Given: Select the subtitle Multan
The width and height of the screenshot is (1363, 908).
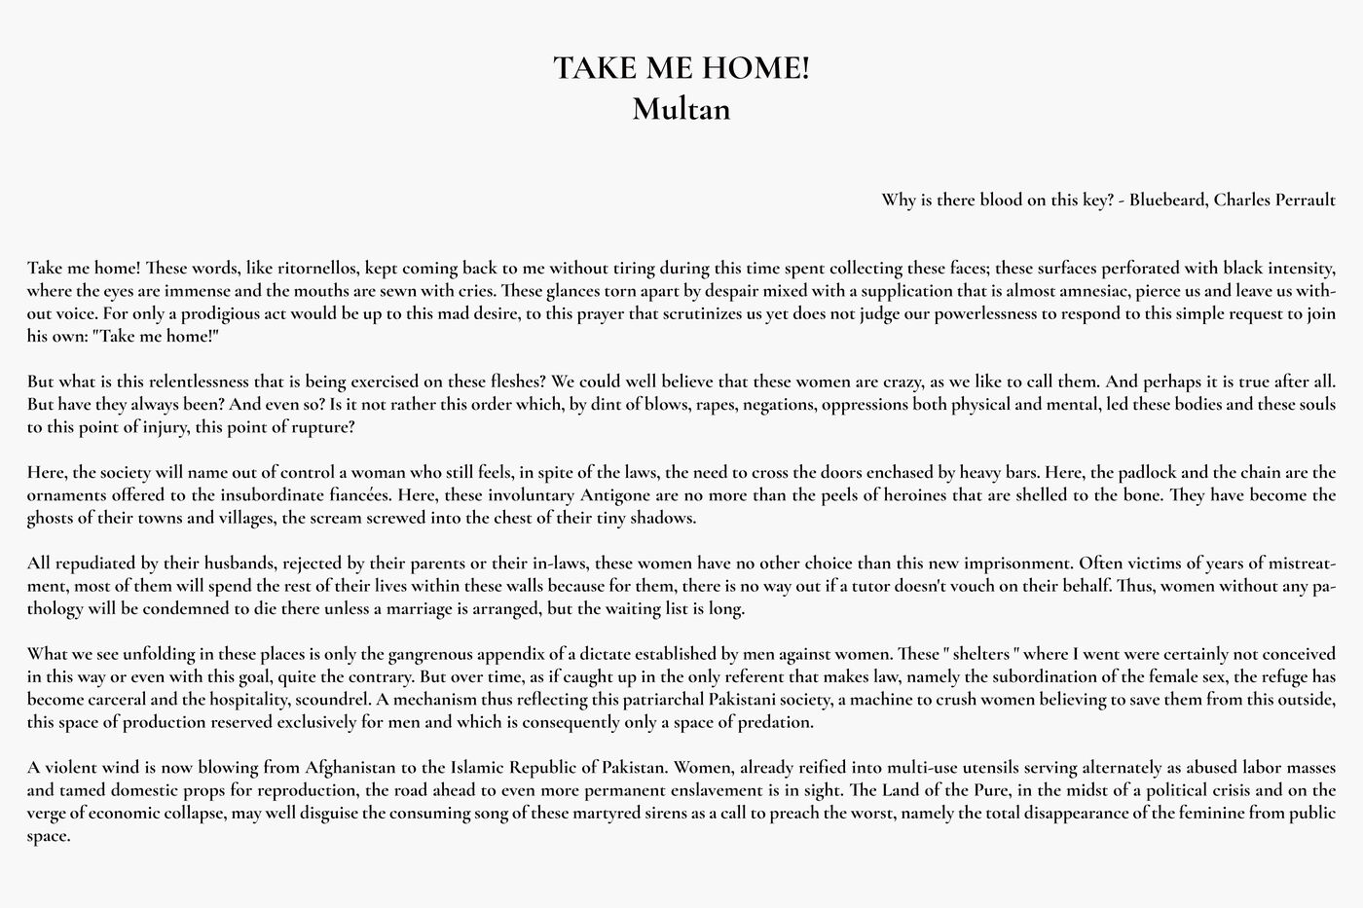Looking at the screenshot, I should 681,108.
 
